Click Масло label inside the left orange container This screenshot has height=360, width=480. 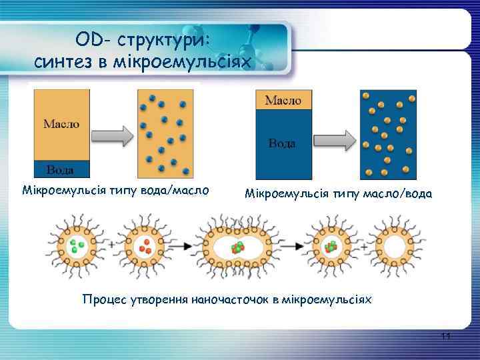(61, 123)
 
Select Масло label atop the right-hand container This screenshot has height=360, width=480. (283, 100)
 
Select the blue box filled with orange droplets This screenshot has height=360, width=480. (389, 135)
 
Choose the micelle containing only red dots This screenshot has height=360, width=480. (143, 247)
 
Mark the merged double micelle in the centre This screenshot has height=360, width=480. (237, 247)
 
